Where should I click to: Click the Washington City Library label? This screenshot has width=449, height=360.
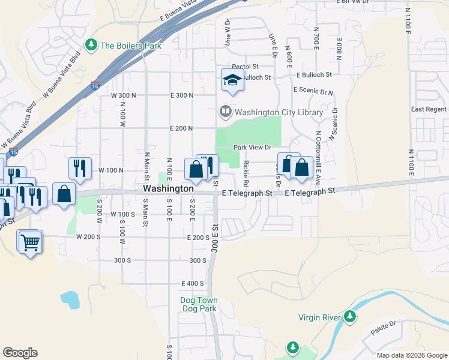coord(279,112)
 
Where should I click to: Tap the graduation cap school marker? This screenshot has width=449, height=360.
coord(232,80)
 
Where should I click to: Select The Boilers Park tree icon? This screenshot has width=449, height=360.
coord(91,45)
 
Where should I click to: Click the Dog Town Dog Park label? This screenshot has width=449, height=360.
coord(199,304)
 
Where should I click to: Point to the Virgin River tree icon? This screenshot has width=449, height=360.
coord(350,316)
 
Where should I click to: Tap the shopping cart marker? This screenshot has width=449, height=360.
coord(30,242)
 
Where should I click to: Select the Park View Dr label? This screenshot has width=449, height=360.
coord(253,147)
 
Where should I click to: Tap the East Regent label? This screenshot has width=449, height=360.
coord(429,109)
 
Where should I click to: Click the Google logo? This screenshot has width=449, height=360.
coord(20,353)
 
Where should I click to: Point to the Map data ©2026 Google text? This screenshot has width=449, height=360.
coord(411,355)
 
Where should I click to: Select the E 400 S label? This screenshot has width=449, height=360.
coord(192,283)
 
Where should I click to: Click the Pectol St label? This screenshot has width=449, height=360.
coord(245,67)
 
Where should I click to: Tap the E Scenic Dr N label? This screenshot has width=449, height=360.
coord(313,89)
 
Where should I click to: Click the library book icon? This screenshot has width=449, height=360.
coord(225,111)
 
